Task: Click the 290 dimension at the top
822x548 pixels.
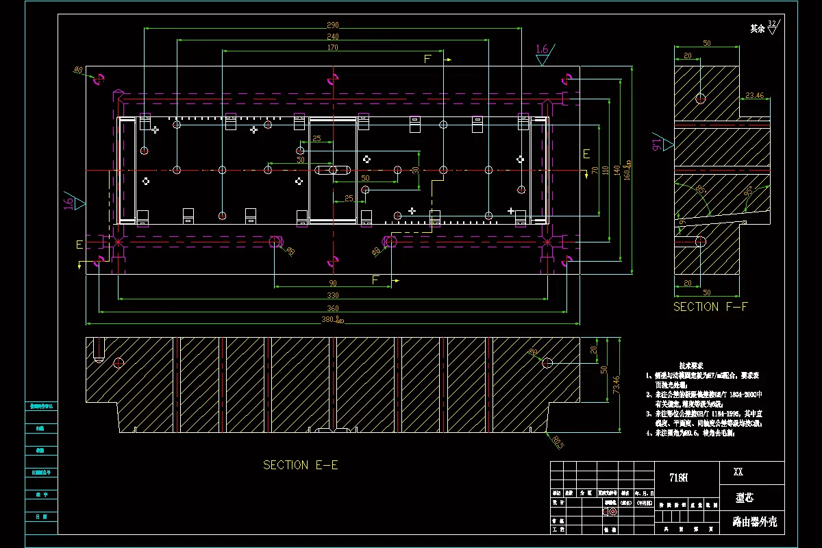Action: [x=332, y=25]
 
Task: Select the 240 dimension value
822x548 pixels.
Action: [x=332, y=36]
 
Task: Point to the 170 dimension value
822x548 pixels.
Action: [x=332, y=48]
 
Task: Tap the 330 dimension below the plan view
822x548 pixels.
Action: [x=332, y=295]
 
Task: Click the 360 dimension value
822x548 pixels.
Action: [x=332, y=308]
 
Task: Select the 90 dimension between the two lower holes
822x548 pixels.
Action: [x=332, y=283]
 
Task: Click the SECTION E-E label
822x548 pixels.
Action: [x=300, y=465]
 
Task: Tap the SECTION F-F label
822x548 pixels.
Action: [x=710, y=307]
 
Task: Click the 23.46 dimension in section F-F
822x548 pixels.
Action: [x=754, y=95]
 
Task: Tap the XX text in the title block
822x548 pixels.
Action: [x=738, y=472]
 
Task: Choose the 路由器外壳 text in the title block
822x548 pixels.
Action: [x=754, y=522]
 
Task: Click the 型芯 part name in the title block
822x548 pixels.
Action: [x=744, y=497]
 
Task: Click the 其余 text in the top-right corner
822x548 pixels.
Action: [x=757, y=29]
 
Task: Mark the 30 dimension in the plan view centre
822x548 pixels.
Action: [x=414, y=170]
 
